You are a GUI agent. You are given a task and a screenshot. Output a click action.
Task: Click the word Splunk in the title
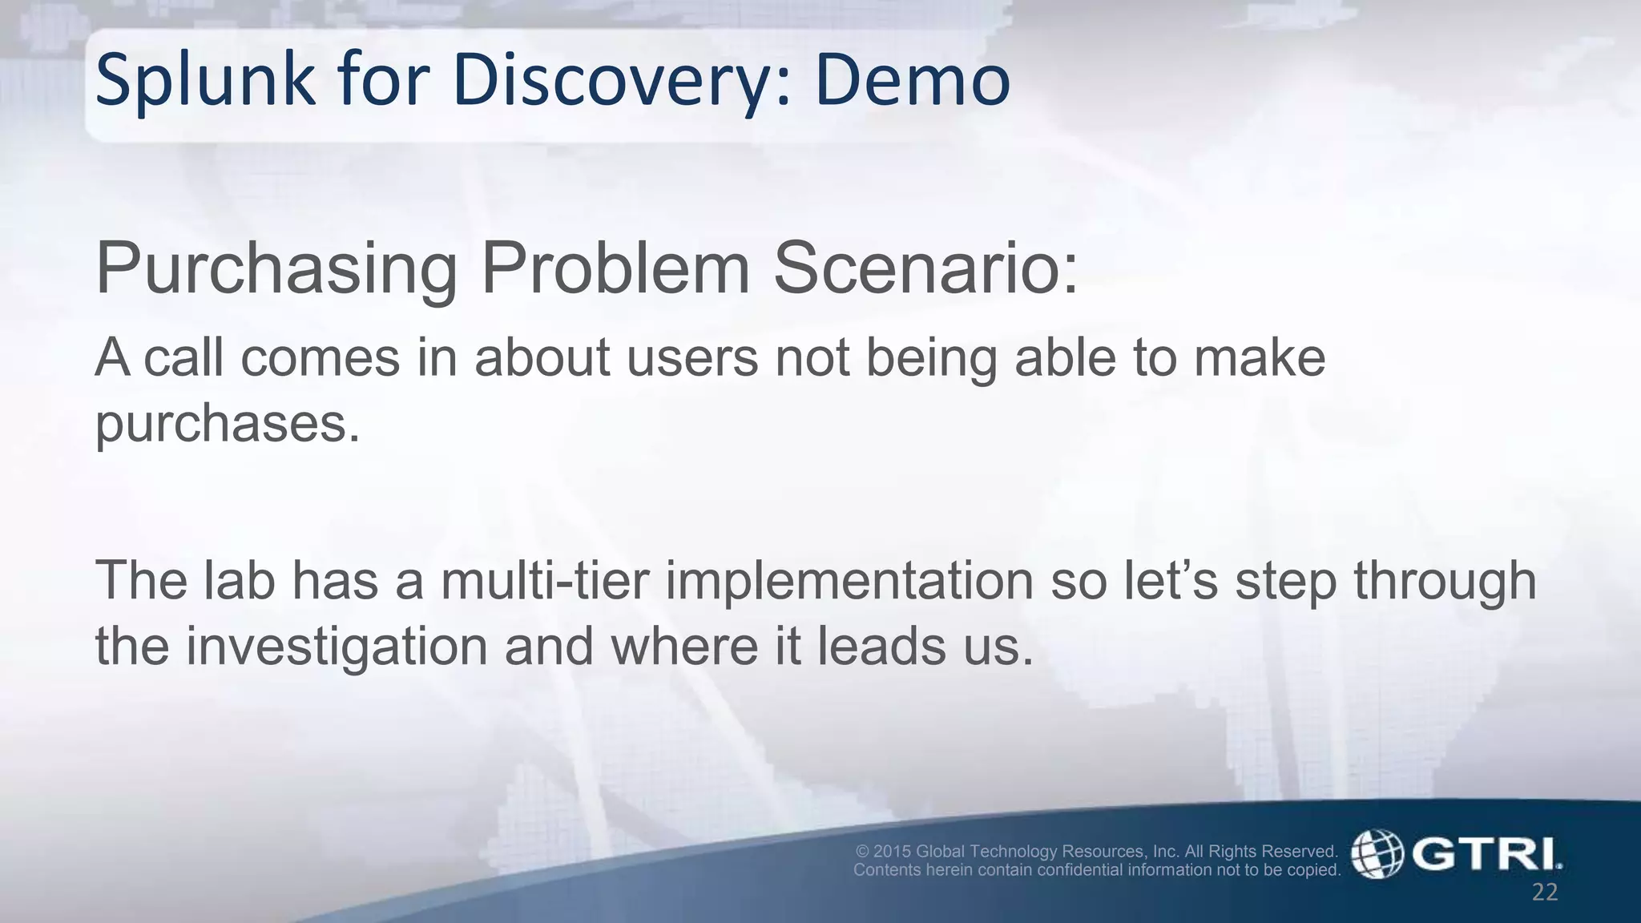205,82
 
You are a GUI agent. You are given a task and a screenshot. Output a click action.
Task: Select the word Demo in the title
912,82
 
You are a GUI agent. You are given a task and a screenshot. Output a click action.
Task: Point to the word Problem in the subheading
615,269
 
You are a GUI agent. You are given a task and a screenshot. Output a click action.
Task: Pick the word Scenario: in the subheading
925,269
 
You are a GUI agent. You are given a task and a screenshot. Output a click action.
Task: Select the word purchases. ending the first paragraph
228,423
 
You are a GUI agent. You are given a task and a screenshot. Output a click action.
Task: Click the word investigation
337,646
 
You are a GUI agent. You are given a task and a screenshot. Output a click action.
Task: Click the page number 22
1544,893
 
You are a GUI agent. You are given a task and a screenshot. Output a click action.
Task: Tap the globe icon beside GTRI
1377,854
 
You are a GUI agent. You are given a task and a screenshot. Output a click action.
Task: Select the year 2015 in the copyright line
892,851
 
